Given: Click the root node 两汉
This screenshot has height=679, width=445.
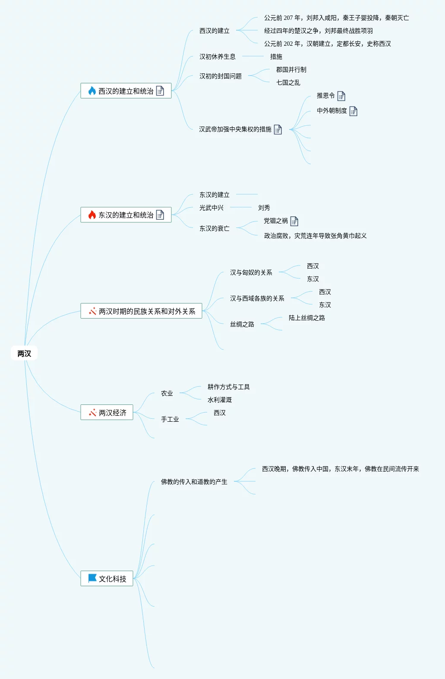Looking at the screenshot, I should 24,354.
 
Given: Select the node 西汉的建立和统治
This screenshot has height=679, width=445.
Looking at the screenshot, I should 126,91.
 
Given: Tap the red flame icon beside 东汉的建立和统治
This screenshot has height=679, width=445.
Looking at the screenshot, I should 92,215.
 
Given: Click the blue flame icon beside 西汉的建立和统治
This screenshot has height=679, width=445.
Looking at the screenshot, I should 92,91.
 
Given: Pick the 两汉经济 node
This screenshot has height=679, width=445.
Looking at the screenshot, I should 112,413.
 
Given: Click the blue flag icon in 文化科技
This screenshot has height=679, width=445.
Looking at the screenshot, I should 92,578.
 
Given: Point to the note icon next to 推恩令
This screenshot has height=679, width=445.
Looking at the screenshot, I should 341,96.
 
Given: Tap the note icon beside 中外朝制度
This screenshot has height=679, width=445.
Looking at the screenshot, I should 353,111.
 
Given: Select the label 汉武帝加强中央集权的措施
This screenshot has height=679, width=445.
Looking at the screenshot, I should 235,129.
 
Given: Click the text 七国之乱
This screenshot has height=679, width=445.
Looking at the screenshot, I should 288,82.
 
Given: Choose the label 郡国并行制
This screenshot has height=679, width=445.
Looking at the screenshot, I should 291,69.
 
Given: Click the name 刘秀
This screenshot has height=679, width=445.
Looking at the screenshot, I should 264,208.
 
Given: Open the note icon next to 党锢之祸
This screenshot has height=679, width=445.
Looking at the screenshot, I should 294,221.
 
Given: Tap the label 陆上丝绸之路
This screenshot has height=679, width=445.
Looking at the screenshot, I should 306,318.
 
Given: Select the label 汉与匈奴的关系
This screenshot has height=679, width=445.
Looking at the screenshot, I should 251,272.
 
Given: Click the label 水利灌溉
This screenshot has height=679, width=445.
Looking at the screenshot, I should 219,400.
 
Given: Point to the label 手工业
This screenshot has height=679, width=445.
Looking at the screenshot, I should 170,419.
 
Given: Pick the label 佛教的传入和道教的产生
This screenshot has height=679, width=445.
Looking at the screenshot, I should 194,482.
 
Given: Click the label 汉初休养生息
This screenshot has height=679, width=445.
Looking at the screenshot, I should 217,57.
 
